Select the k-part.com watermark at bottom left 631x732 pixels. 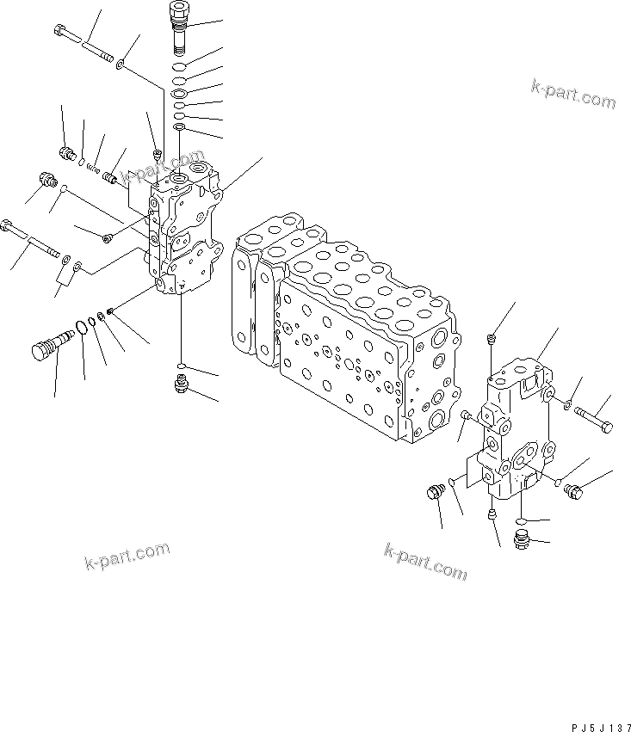tap(127, 557)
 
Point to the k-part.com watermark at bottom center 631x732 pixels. tap(425, 561)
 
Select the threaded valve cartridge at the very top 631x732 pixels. tap(176, 27)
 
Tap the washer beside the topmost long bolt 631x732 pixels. tap(124, 63)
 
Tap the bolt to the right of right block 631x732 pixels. tap(594, 421)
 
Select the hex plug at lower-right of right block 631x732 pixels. tap(576, 491)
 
